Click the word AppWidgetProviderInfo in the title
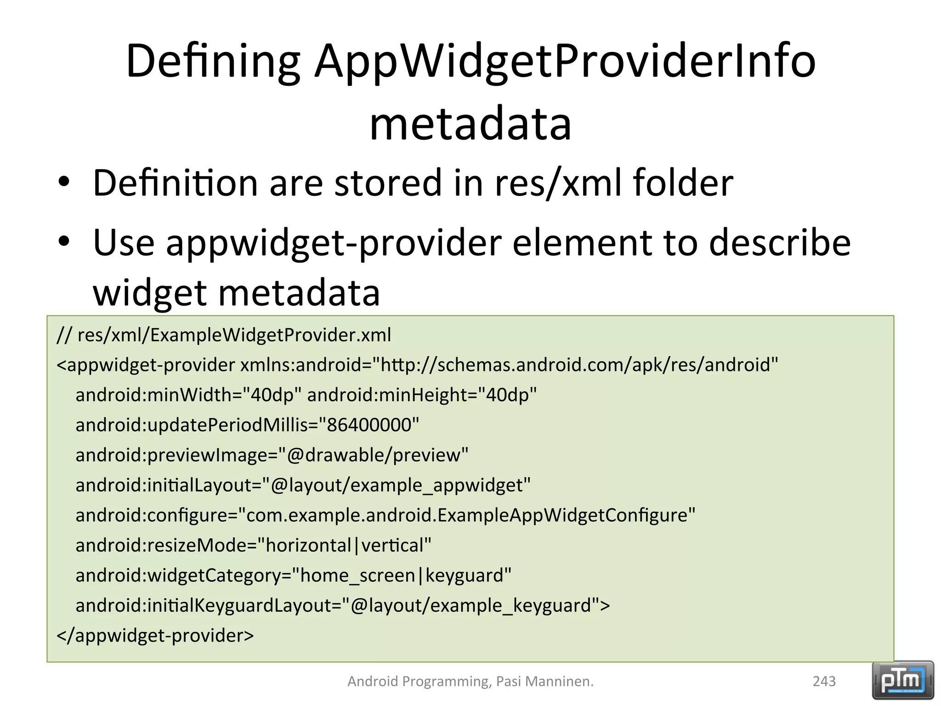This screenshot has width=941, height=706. click(x=565, y=61)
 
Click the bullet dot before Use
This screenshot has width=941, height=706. click(x=64, y=241)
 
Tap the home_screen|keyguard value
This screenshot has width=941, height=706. click(x=402, y=575)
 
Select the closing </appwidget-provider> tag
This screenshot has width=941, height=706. click(x=155, y=636)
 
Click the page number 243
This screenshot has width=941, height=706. click(x=824, y=681)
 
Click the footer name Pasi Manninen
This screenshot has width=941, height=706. click(x=544, y=681)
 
